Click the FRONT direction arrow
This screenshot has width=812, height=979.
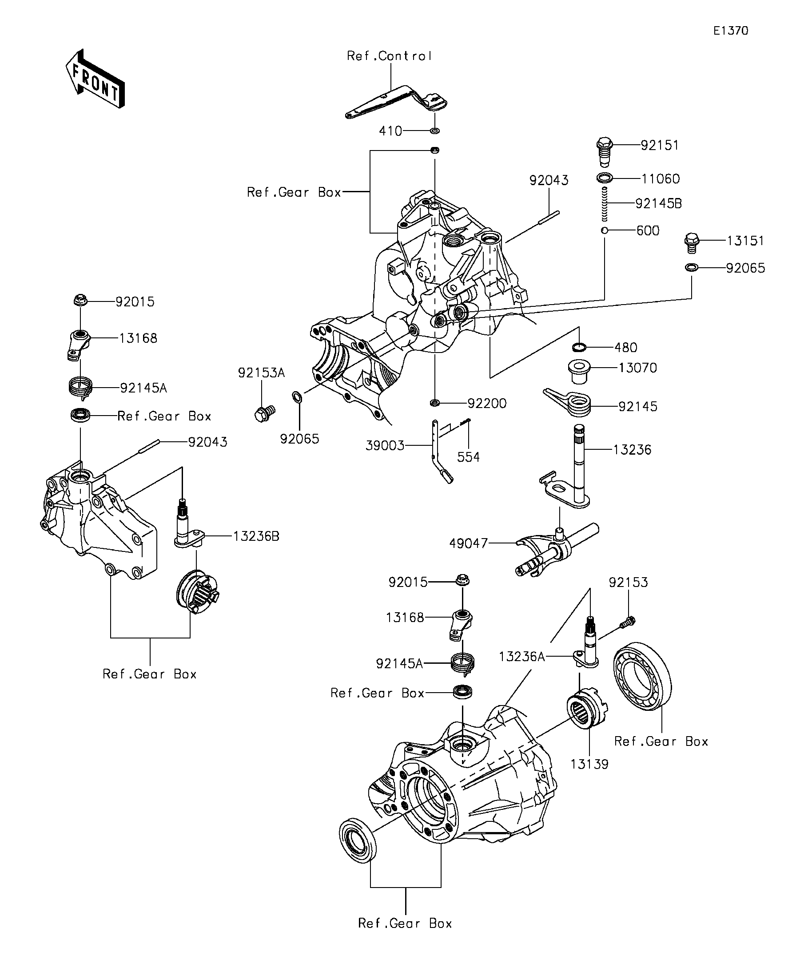click(95, 79)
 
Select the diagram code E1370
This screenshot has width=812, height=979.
click(731, 31)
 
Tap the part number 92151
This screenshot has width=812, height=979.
click(660, 146)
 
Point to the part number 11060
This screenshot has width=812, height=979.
click(661, 178)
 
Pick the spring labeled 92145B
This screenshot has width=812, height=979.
click(605, 204)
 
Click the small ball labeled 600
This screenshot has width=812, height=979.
click(605, 230)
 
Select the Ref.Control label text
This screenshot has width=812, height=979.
click(390, 56)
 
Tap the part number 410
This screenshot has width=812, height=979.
click(390, 131)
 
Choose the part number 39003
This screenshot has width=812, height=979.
click(385, 446)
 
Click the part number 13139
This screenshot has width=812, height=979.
click(589, 764)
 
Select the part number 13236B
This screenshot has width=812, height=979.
click(256, 536)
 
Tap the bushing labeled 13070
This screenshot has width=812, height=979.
click(579, 372)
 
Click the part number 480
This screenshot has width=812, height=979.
click(626, 347)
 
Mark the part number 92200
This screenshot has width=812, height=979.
click(487, 403)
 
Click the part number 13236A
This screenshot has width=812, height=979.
click(522, 657)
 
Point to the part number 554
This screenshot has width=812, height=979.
click(468, 457)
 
